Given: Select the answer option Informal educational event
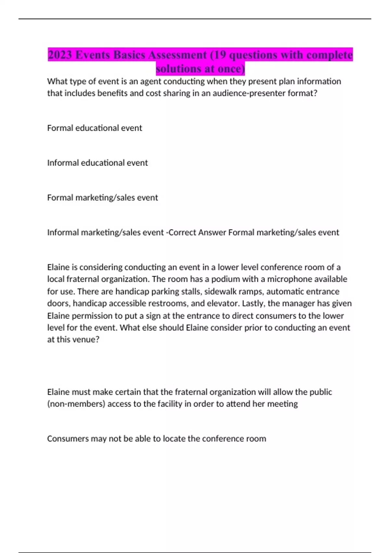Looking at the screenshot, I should tap(97, 163).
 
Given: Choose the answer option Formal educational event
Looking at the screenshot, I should tap(95, 128).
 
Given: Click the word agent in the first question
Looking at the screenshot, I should tap(150, 81).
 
